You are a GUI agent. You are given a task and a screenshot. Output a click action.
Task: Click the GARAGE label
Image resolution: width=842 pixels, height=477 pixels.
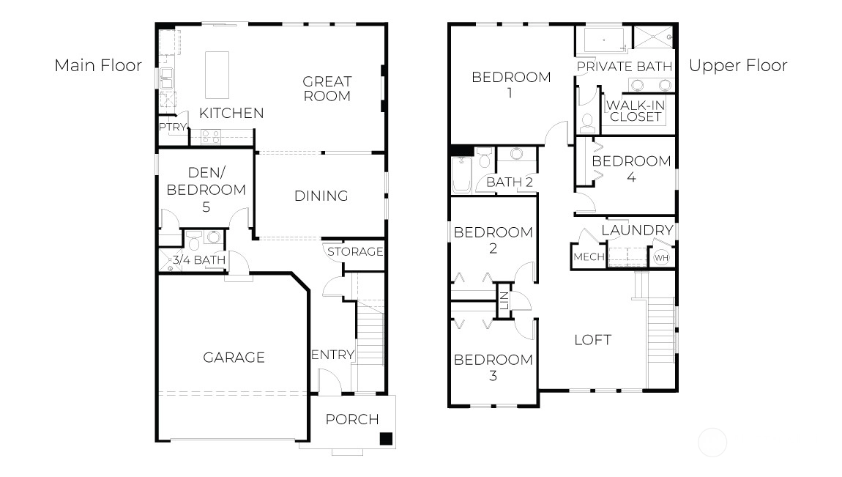tap(234, 358)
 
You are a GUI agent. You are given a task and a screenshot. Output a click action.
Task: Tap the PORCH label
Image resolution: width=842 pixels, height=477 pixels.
tap(352, 419)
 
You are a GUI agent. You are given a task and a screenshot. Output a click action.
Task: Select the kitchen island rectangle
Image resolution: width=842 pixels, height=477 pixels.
tap(217, 75)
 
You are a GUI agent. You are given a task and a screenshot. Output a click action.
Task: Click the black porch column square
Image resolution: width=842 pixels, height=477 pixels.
tap(386, 438)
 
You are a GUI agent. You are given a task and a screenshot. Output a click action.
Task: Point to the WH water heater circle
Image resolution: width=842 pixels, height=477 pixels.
tap(661, 258)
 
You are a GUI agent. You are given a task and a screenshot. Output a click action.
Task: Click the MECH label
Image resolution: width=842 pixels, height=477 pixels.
tap(589, 256)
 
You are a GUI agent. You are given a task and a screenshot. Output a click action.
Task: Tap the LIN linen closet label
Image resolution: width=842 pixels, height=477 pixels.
tap(504, 301)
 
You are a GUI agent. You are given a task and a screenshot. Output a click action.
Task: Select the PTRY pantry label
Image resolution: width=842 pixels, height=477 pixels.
tap(172, 127)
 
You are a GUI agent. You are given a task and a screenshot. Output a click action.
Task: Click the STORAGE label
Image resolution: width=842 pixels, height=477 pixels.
tap(355, 251)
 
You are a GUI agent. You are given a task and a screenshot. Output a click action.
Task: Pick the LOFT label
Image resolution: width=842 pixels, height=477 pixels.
tap(593, 340)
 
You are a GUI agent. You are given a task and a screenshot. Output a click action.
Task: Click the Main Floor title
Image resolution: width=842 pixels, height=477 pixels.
tap(98, 65)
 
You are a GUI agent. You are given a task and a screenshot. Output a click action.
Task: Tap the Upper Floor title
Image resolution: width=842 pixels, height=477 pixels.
tap(738, 66)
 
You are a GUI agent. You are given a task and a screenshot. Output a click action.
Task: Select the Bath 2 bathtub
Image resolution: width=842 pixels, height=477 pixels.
tap(461, 174)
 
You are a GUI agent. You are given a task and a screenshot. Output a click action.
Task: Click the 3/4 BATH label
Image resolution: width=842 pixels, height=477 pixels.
tap(198, 260)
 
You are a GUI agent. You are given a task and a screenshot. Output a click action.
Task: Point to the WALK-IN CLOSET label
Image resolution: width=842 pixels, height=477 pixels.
tap(636, 111)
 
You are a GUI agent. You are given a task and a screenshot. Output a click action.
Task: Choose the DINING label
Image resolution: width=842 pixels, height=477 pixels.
tap(321, 196)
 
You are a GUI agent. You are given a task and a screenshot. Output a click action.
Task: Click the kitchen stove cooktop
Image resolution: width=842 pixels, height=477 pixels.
tap(211, 137)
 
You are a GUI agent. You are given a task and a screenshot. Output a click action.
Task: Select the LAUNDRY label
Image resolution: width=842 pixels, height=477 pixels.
tap(637, 231)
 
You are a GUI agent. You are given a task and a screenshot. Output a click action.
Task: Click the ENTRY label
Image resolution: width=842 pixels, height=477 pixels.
tap(333, 355)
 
